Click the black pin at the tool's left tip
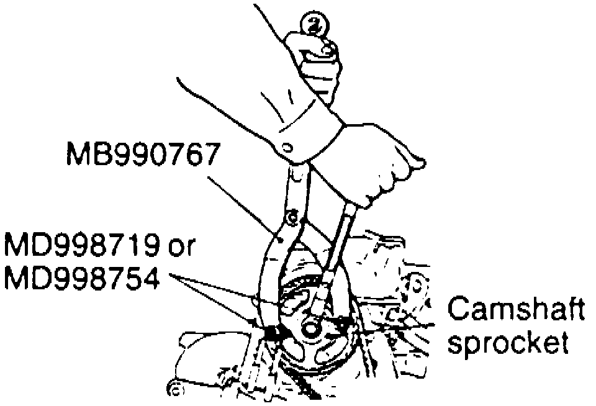(271, 332)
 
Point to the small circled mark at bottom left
(173, 389)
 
